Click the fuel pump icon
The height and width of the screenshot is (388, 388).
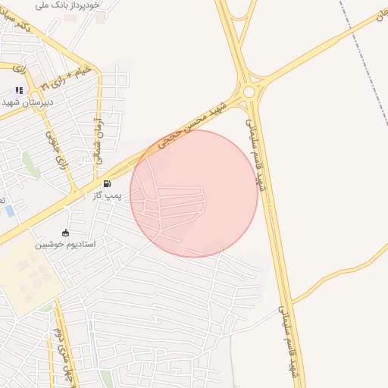(x=107, y=183)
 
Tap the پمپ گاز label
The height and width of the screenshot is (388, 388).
(x=107, y=197)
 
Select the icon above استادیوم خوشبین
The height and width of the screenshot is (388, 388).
(x=66, y=233)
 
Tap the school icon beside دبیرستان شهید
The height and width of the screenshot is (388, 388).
(x=19, y=90)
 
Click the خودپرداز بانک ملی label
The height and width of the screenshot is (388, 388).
(x=67, y=5)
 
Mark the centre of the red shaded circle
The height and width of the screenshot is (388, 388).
(x=194, y=193)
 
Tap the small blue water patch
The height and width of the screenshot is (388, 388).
(x=9, y=211)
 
